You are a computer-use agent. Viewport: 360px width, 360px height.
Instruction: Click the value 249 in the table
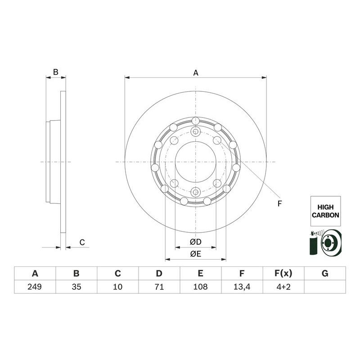[35, 286]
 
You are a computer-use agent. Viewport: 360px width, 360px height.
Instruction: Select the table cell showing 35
[76, 286]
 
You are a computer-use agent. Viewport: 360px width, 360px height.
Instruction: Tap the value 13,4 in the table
[242, 286]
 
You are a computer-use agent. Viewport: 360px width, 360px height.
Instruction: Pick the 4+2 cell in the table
[283, 286]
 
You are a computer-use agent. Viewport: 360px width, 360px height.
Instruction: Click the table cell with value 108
[200, 286]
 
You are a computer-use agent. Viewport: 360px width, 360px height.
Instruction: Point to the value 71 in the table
[159, 286]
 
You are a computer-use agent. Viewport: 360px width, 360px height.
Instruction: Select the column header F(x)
[283, 273]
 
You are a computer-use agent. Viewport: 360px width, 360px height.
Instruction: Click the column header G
[325, 273]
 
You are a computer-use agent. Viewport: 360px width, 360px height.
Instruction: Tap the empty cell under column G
[325, 286]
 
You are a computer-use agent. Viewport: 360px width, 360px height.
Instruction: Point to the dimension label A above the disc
[196, 72]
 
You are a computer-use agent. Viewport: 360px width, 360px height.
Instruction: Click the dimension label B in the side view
[56, 72]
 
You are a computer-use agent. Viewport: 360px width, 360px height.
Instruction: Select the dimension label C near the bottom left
[82, 243]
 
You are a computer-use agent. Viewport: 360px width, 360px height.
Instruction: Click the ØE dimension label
[195, 254]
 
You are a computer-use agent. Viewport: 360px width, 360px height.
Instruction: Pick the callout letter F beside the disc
[279, 204]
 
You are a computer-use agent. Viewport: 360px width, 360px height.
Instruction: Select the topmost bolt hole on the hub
[195, 121]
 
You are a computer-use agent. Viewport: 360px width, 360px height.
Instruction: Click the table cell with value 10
[117, 286]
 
